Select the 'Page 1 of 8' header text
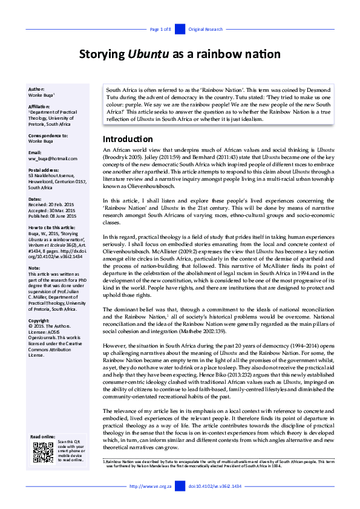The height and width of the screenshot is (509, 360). pyautogui.click(x=160, y=29)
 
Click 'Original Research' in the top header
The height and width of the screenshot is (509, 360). pyautogui.click(x=206, y=29)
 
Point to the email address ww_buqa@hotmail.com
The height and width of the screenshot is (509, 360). pyautogui.click(x=53, y=158)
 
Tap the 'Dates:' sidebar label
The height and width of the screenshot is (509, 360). pyautogui.click(x=35, y=198)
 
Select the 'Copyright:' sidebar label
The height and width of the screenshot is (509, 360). pyautogui.click(x=39, y=320)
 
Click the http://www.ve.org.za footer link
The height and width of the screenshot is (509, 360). pyautogui.click(x=151, y=486)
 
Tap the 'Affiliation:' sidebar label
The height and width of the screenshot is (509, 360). pyautogui.click(x=40, y=106)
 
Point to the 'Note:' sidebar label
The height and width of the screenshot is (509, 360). pyautogui.click(x=34, y=267)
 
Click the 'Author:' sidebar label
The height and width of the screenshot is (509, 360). pyautogui.click(x=36, y=89)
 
